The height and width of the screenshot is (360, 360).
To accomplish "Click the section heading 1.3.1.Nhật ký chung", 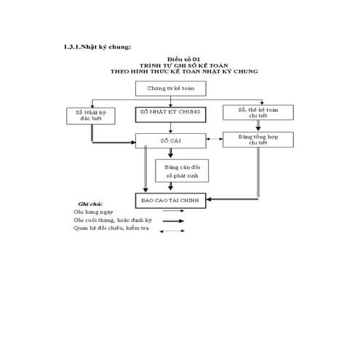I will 97,47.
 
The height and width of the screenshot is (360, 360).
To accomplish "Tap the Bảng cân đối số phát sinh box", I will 182,171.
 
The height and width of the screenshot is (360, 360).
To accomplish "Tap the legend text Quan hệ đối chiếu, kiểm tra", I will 108,229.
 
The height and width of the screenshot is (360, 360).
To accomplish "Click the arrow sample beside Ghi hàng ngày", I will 172,212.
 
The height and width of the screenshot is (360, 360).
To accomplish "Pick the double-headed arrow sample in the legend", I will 172,231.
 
